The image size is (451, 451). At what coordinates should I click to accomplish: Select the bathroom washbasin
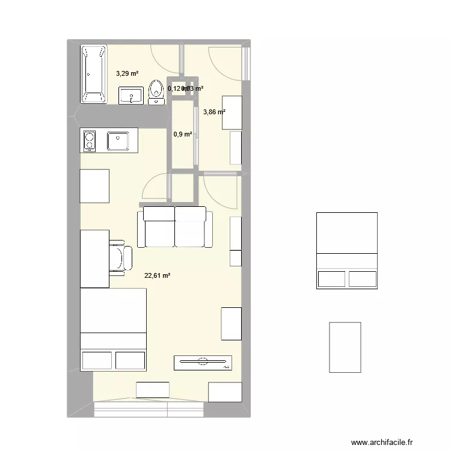point(131,95)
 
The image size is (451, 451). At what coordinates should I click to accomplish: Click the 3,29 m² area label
point(127,74)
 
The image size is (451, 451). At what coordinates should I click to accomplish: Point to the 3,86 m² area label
point(214,112)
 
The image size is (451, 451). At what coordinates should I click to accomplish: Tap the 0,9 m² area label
point(182,134)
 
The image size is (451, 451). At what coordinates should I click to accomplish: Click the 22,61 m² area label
point(158,276)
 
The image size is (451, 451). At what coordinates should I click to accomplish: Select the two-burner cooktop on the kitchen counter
point(89,141)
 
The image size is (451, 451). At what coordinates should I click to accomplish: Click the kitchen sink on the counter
point(117,141)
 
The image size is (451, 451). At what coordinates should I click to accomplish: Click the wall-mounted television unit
point(203,362)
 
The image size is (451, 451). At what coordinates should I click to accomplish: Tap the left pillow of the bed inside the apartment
point(97,360)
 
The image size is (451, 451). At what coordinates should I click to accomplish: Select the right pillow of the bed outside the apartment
point(363,278)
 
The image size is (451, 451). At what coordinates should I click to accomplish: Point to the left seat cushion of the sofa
point(156,233)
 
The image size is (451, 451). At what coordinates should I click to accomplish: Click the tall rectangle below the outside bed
point(345,346)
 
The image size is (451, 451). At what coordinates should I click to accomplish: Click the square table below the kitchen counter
point(94,186)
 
